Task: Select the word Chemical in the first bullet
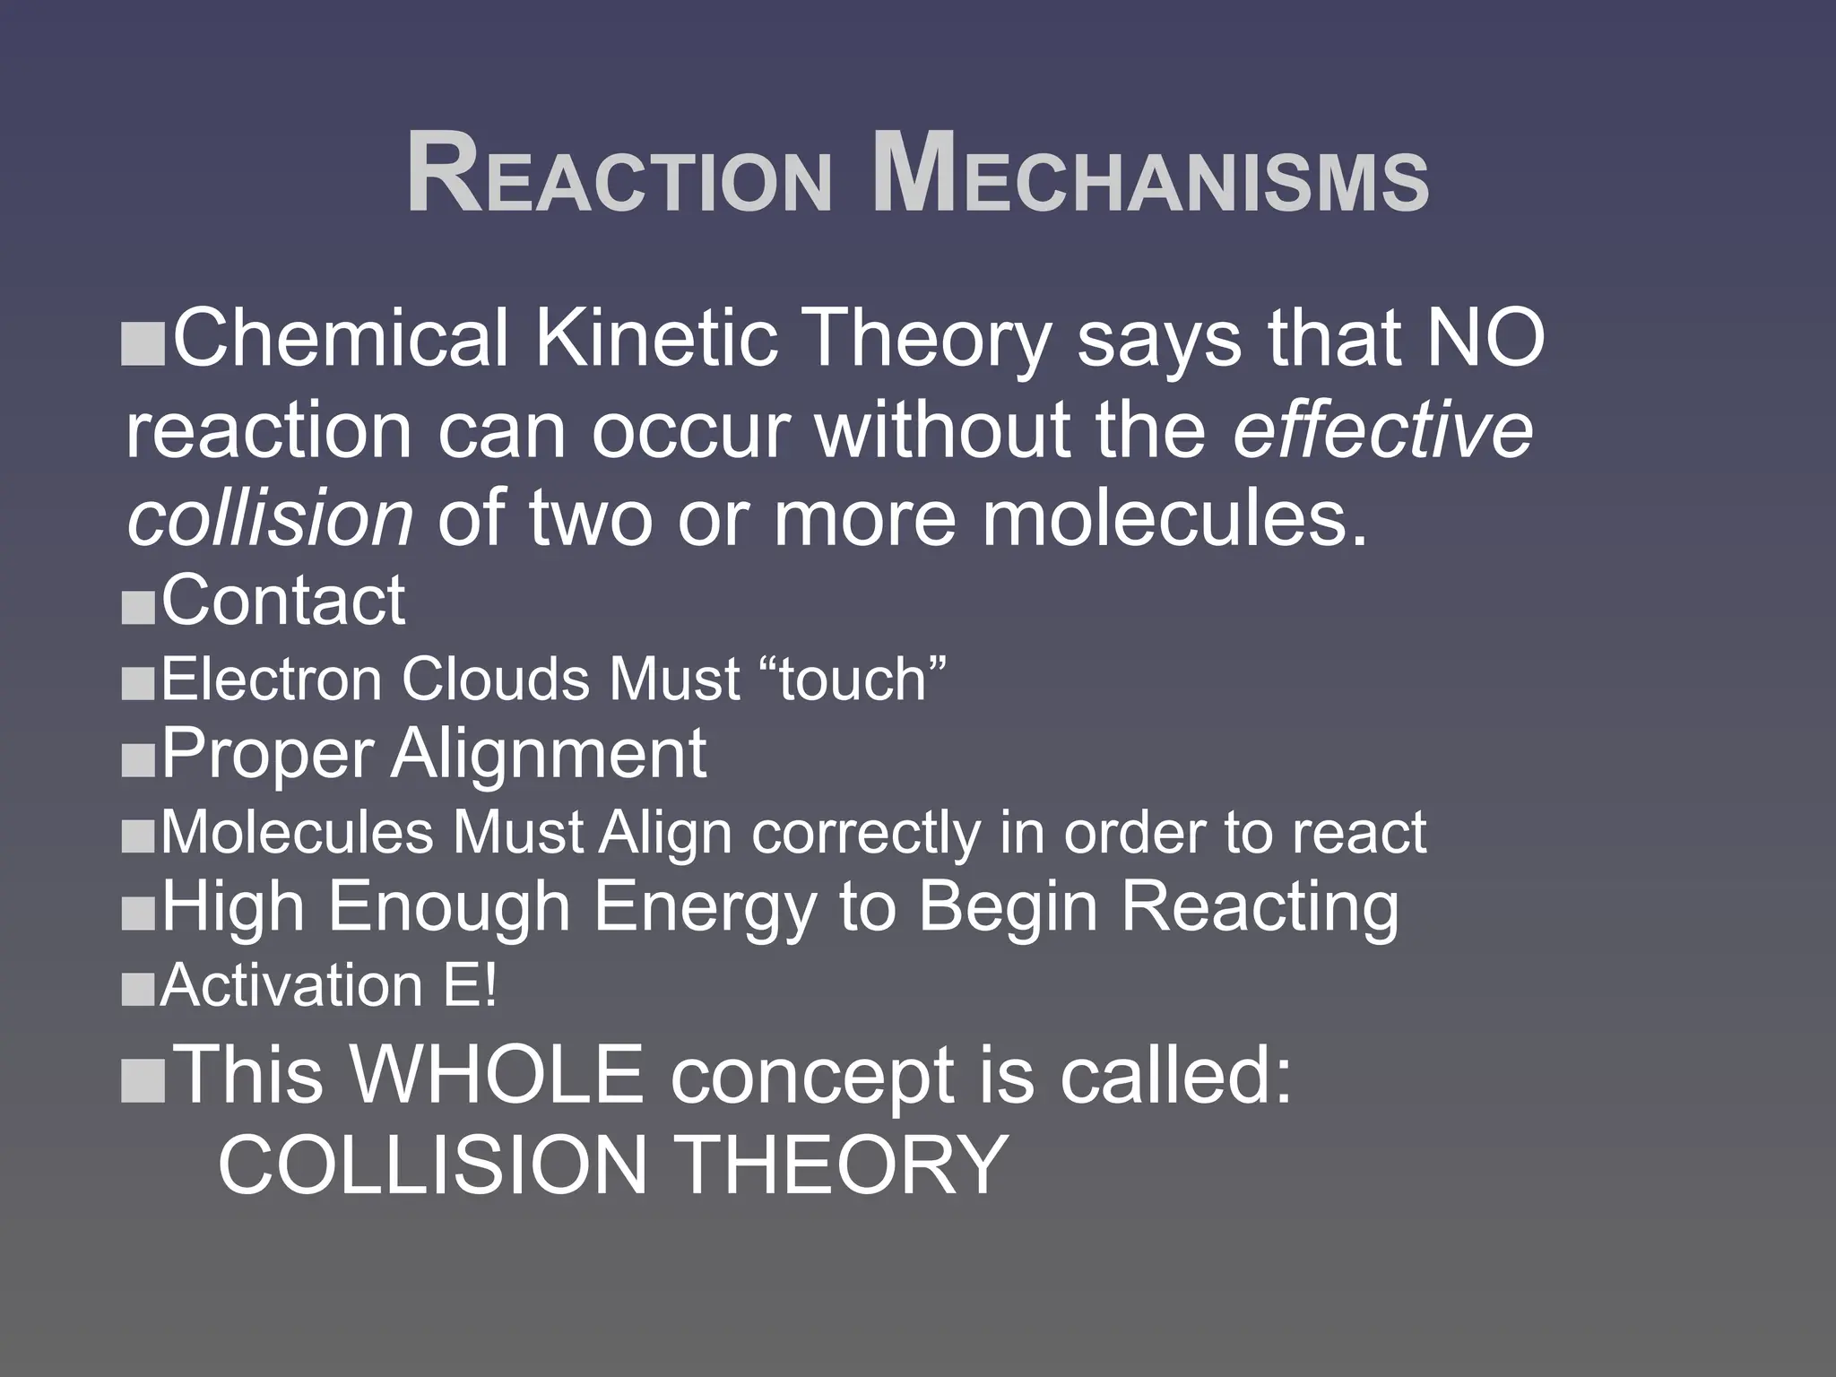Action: [340, 339]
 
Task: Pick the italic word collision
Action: [270, 520]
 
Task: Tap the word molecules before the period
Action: [1165, 520]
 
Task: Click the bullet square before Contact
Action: [138, 611]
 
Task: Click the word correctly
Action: [866, 833]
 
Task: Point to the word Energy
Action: [706, 907]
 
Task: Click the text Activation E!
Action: [328, 986]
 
